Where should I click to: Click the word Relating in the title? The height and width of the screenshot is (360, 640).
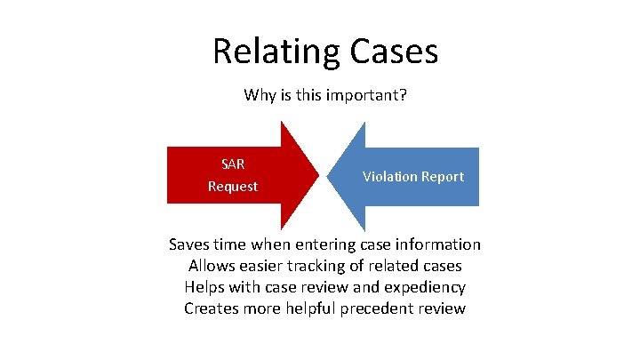(269, 52)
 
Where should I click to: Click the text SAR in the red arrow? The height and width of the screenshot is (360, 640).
(233, 164)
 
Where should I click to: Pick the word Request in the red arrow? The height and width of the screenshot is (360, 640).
(233, 187)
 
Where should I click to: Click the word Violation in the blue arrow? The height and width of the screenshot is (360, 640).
(389, 176)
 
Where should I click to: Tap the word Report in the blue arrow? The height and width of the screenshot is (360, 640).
(443, 176)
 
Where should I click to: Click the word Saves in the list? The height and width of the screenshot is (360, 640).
(189, 244)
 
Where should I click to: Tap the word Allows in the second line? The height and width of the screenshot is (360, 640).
(211, 266)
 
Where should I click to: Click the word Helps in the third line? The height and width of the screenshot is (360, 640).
(205, 287)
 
